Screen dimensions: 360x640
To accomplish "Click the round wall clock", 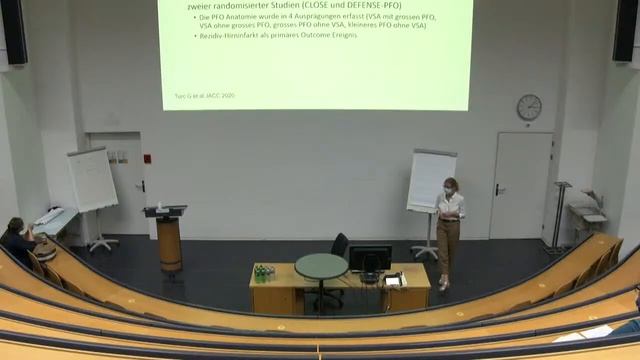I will (529, 107).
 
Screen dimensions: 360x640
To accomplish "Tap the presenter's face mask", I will (450, 188).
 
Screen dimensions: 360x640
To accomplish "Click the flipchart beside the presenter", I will (431, 179).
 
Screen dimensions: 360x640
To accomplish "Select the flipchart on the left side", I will (92, 180).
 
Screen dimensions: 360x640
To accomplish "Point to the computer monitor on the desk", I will (369, 258).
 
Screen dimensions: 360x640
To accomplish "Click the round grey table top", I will (321, 265).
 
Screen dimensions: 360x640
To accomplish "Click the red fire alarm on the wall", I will (146, 158).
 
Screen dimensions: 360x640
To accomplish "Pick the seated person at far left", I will (17, 238).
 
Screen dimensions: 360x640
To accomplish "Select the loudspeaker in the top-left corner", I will (14, 30).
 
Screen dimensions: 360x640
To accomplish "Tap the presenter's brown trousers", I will (447, 245).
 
